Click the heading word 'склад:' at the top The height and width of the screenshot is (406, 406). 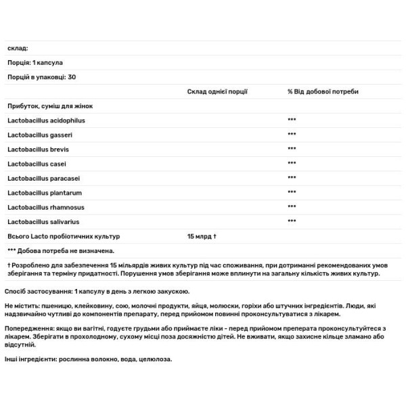tap(18, 48)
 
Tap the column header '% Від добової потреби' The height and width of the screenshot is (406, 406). tap(323, 91)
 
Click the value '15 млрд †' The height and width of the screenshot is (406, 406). tap(202, 235)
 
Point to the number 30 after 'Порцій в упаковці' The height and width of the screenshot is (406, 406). tap(72, 76)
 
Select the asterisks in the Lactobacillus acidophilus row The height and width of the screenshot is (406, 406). tap(292, 120)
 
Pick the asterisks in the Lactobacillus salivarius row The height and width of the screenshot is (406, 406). tap(292, 221)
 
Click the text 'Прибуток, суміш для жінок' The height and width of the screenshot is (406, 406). tap(49, 106)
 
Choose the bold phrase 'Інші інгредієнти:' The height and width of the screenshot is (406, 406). tap(31, 358)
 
